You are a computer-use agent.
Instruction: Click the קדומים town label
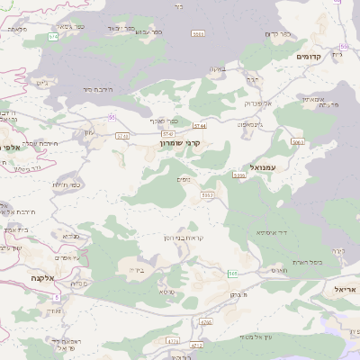pos(309,56)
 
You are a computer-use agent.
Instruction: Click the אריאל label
pos(345,290)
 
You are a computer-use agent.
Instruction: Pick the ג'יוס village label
pos(42,84)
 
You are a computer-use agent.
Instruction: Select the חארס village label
pos(277,269)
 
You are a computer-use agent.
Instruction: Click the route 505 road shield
pos(232,273)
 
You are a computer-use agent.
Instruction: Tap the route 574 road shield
pos(53,37)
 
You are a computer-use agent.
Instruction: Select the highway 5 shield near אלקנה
pos(56,296)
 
